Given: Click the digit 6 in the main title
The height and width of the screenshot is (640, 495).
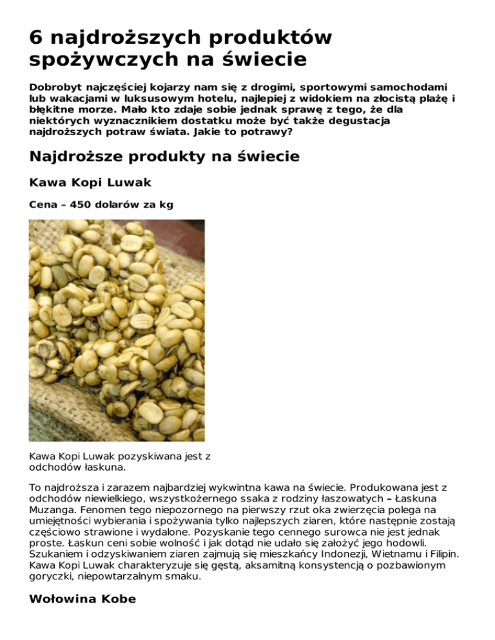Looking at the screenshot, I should (x=37, y=37).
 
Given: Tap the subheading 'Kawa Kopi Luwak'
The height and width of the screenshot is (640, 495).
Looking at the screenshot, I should (x=90, y=183).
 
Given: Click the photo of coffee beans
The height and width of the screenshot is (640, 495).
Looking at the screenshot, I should (x=117, y=330).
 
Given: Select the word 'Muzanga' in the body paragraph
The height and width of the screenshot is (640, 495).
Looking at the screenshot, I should (x=52, y=509).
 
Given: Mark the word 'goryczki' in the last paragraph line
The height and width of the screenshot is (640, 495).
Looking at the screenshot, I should (x=53, y=578).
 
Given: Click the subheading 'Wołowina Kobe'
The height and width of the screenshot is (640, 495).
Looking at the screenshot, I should (x=82, y=599).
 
